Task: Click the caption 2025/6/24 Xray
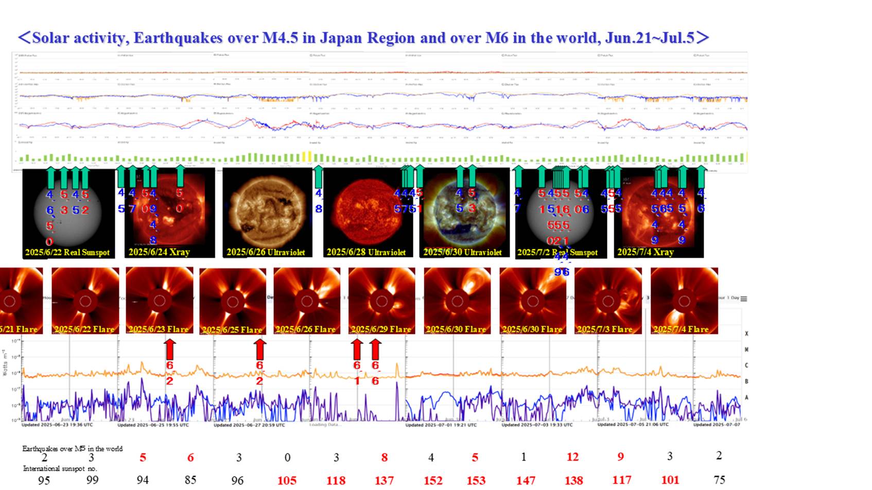point(159,252)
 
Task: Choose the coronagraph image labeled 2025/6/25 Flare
point(233,301)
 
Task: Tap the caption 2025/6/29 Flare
point(381,329)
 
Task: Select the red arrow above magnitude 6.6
point(376,349)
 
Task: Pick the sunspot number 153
point(476,480)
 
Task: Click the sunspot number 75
point(719,480)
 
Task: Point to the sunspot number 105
point(287,480)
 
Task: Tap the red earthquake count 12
point(572,457)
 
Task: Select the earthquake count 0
point(287,458)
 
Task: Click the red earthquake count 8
point(384,458)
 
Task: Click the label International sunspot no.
point(60,469)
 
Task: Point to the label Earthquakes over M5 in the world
point(72,449)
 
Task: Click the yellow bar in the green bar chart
point(307,156)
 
